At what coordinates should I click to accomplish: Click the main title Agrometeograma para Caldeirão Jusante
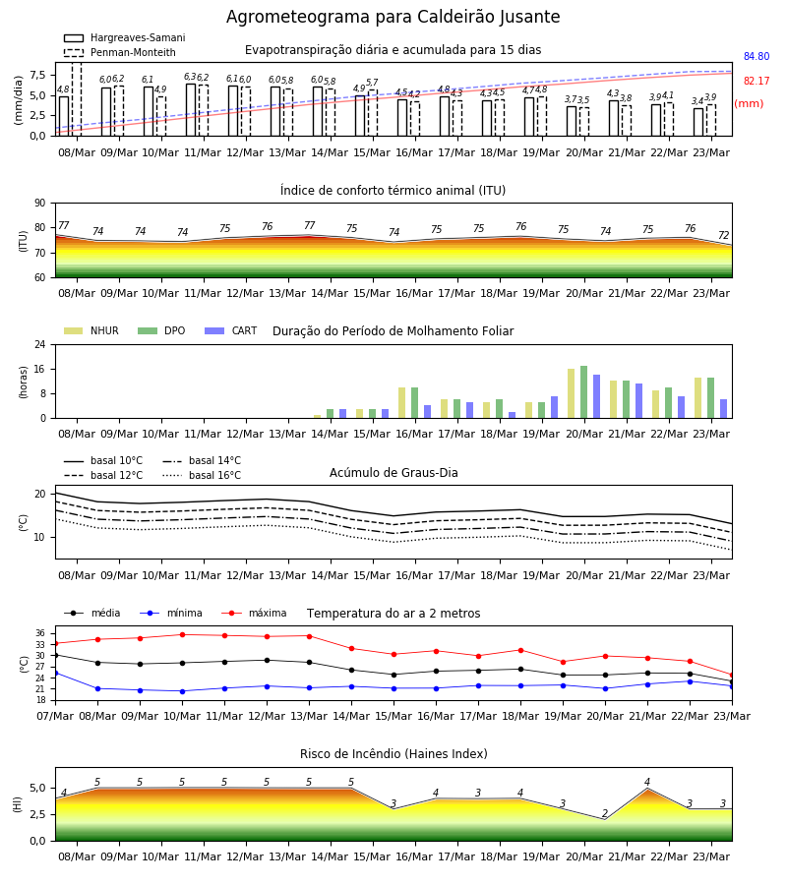point(393,17)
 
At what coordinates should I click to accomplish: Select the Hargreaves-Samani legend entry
point(124,37)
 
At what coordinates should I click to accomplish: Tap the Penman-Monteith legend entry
point(120,52)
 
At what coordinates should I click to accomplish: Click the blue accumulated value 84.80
point(757,56)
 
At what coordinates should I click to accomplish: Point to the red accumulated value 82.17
point(757,81)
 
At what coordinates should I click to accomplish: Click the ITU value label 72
point(723,235)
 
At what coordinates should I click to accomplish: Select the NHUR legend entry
point(91,330)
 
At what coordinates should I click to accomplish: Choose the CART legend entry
point(231,330)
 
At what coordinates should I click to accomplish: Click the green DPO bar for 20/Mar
point(583,392)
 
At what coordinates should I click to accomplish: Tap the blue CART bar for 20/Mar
point(597,397)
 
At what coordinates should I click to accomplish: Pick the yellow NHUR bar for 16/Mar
point(402,403)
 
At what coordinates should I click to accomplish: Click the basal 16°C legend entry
point(202,475)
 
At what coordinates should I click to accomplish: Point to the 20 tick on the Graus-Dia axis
point(40,494)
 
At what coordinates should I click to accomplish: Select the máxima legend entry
point(255,613)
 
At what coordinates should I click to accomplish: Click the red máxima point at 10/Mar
point(182,634)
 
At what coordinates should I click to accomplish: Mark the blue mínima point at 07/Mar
point(55,674)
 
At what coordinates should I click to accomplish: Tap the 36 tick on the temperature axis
point(40,633)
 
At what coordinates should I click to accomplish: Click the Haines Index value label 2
point(605,813)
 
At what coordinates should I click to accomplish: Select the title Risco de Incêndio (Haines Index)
point(393,753)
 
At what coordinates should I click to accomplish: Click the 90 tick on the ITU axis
point(40,204)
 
